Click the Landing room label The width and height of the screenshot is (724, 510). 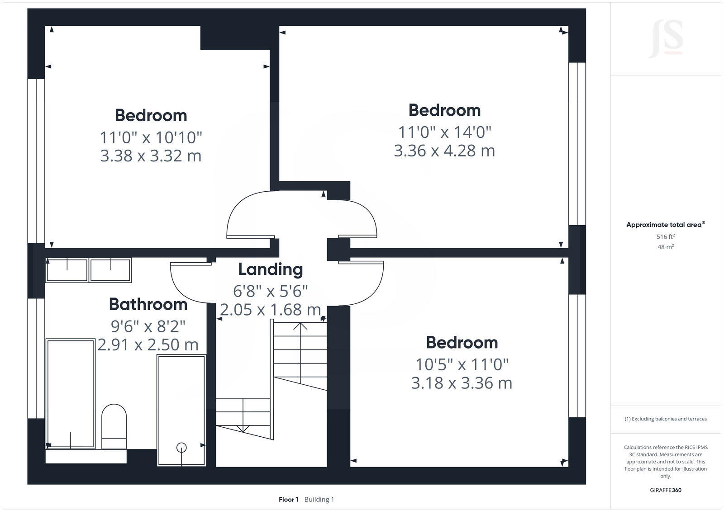(x=270, y=269)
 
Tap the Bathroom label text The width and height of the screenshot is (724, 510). (x=148, y=304)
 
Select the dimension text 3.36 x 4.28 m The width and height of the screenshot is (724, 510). (x=444, y=151)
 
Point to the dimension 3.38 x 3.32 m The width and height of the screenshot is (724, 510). (x=150, y=156)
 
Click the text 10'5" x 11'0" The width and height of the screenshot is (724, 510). (x=462, y=364)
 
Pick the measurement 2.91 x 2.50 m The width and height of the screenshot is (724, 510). (x=148, y=345)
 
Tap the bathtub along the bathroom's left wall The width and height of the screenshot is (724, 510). (x=70, y=393)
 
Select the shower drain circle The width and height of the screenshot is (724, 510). (x=181, y=447)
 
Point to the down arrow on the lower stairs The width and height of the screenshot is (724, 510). (x=243, y=428)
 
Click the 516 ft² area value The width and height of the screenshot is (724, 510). (x=666, y=236)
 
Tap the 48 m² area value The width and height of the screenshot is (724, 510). (x=666, y=247)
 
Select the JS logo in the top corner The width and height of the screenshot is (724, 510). (x=666, y=40)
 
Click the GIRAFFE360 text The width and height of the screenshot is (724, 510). (x=666, y=490)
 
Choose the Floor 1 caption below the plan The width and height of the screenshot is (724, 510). (x=288, y=500)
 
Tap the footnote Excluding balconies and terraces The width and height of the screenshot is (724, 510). (x=666, y=419)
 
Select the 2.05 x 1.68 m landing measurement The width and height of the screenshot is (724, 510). (x=270, y=310)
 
